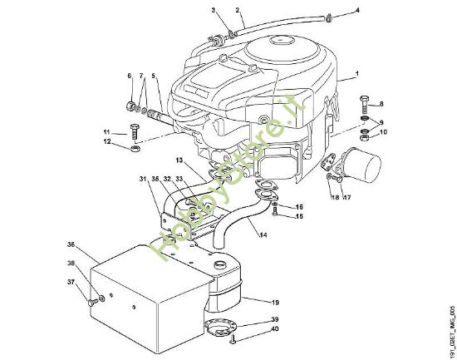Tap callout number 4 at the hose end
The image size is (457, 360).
[358, 11]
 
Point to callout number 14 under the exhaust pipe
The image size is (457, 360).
[263, 235]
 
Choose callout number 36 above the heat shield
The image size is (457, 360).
[71, 244]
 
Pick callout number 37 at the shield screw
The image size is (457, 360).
[71, 281]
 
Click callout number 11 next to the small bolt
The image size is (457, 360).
[106, 133]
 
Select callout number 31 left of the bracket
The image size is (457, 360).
[142, 179]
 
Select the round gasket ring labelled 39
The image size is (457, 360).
[219, 326]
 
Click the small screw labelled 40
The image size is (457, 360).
[236, 339]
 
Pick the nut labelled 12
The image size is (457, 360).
[135, 149]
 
